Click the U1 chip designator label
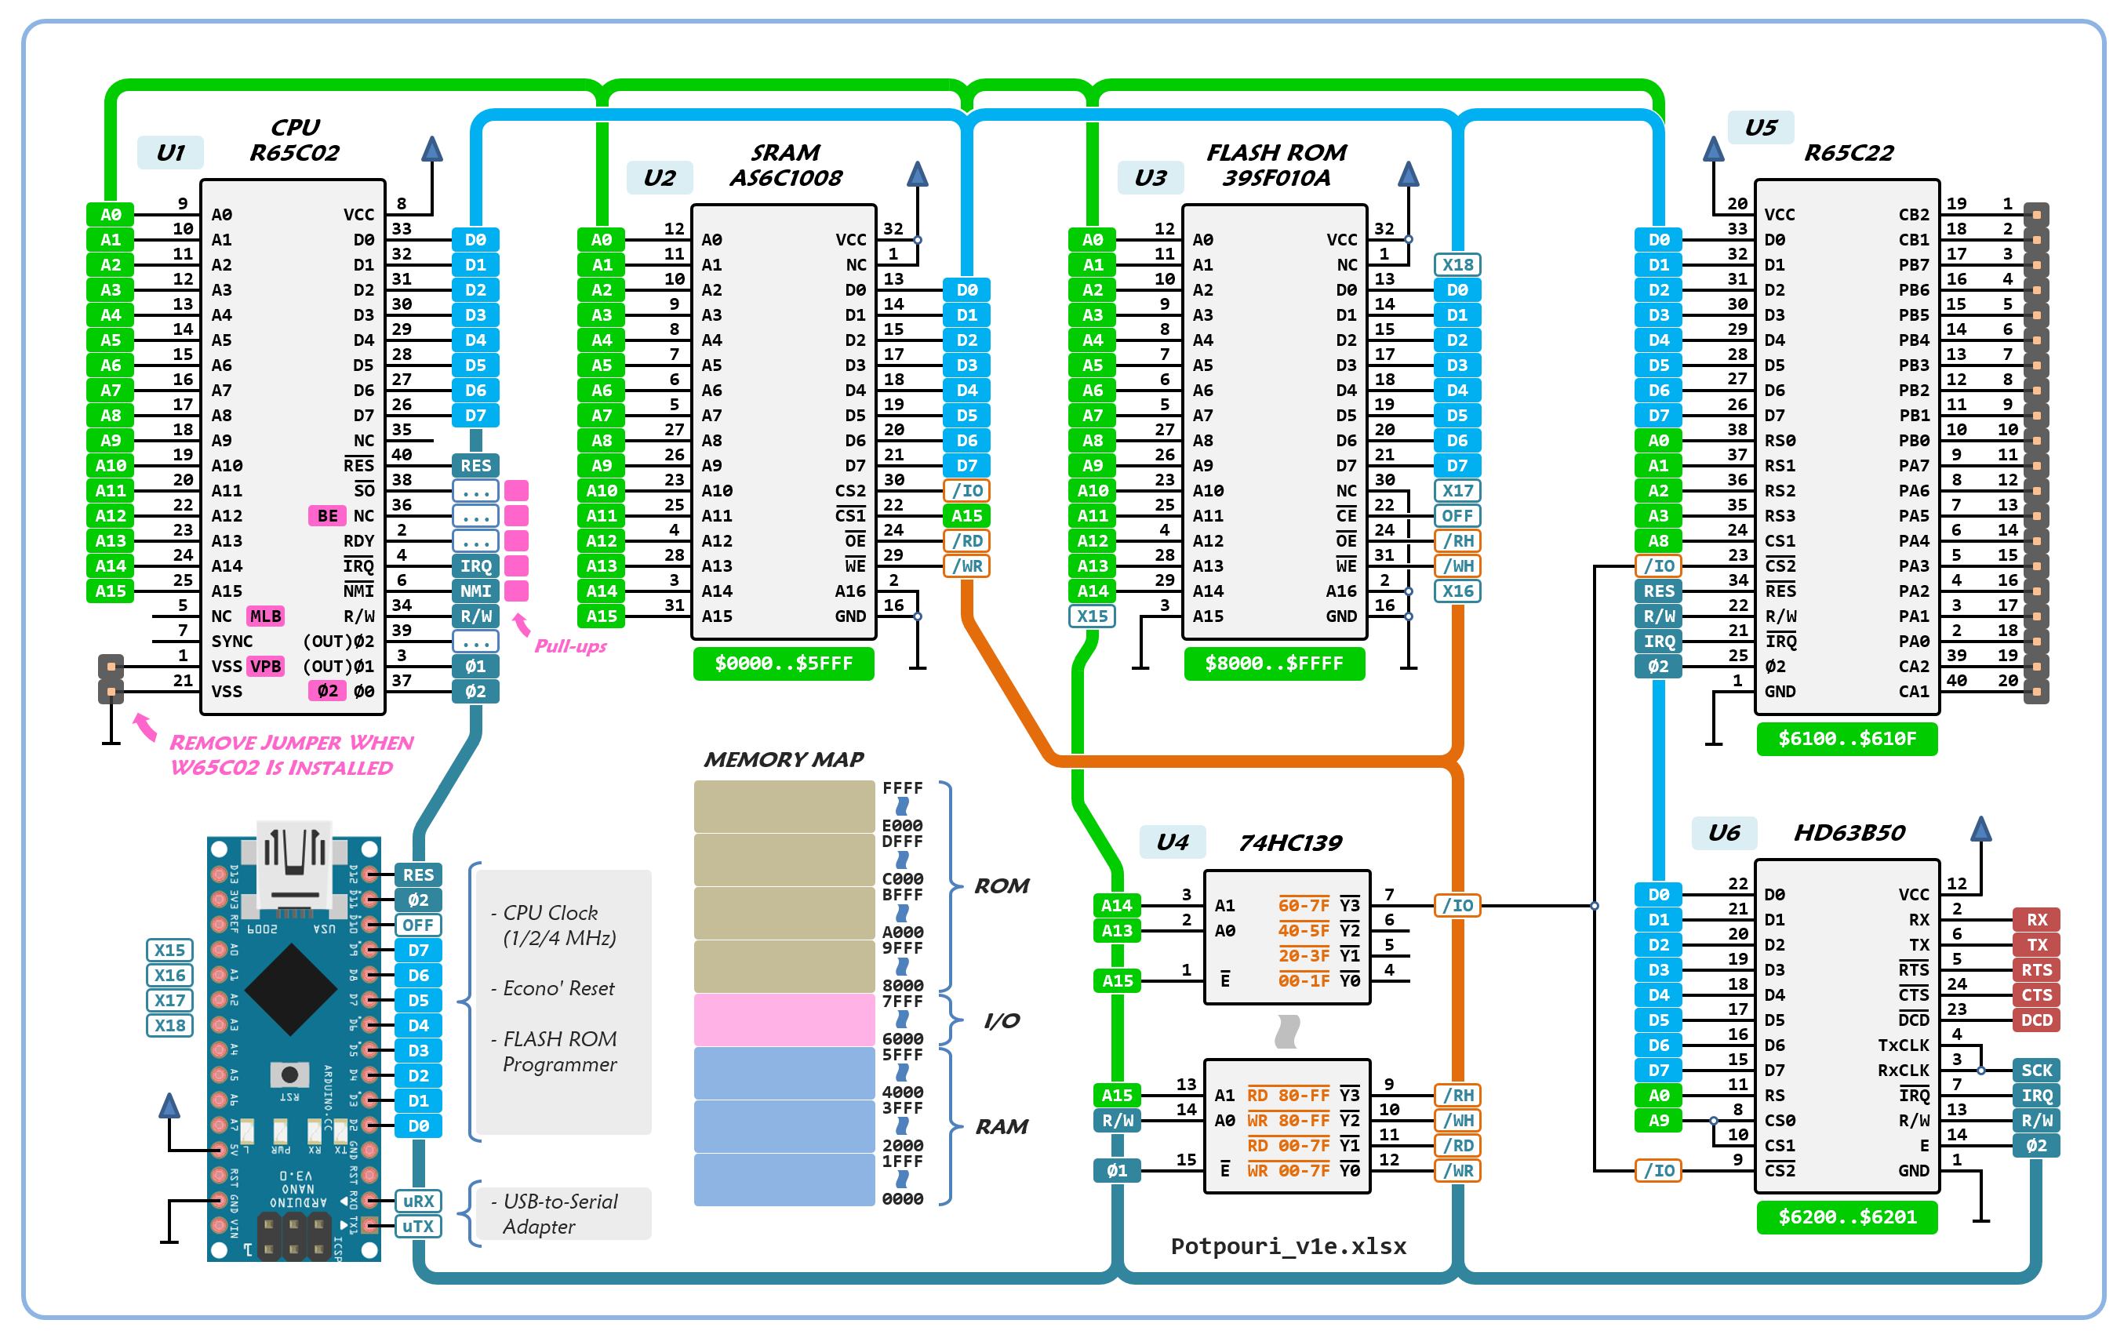click(x=170, y=153)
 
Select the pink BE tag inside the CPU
click(x=327, y=516)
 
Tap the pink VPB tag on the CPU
click(x=265, y=667)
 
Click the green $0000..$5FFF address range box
click(x=784, y=664)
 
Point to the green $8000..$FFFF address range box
click(x=1274, y=664)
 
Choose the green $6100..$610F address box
click(x=1846, y=739)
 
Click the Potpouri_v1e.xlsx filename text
click(x=1288, y=1246)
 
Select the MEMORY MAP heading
click(x=784, y=759)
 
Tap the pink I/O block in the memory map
click(x=784, y=1020)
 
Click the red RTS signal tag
click(x=2036, y=970)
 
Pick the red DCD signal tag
click(x=2036, y=1020)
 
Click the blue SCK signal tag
click(x=2036, y=1071)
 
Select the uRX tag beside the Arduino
click(x=418, y=1202)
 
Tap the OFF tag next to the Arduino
click(x=418, y=925)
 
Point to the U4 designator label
click(x=1173, y=842)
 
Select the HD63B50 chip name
click(x=1849, y=833)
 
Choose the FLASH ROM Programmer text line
click(x=559, y=1052)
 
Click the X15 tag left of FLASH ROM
click(x=1092, y=616)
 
